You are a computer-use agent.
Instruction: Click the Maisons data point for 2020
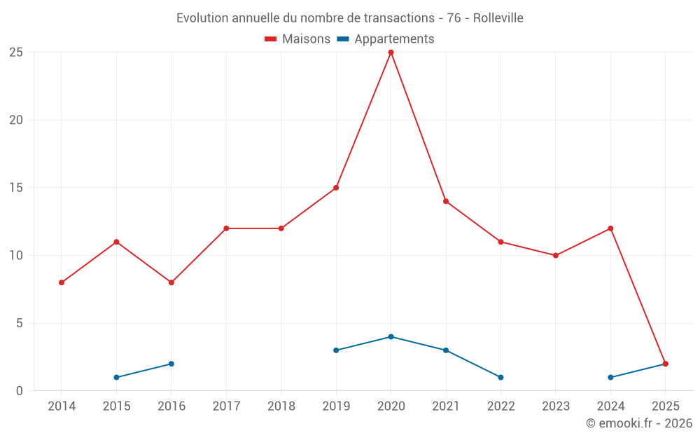tap(391, 53)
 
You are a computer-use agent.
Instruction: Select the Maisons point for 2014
tap(62, 282)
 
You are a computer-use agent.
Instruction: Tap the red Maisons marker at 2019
tap(336, 188)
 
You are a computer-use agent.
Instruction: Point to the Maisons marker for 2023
tap(556, 255)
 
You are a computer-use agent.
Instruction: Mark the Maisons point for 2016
tap(171, 282)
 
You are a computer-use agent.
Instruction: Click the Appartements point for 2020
tap(391, 336)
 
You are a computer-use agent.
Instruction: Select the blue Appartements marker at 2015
tap(116, 377)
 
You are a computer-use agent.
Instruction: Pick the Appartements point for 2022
tap(500, 377)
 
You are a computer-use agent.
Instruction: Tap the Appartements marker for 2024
tap(610, 377)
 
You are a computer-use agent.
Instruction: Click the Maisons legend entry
tap(297, 39)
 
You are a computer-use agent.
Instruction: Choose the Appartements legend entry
tap(386, 39)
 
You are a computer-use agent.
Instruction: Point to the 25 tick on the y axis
tap(16, 53)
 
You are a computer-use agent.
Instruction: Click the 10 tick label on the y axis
tap(16, 255)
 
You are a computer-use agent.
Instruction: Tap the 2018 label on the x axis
tap(281, 406)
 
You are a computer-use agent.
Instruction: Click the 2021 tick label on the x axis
tap(446, 406)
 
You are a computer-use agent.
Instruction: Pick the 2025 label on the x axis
tap(665, 406)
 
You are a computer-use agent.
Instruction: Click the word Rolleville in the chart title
tap(498, 18)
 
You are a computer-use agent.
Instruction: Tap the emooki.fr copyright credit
tap(639, 423)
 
